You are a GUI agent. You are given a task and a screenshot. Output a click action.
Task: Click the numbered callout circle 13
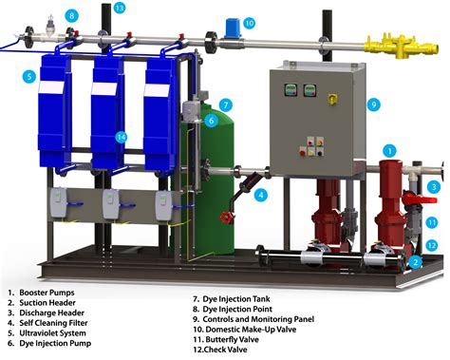[x=119, y=8]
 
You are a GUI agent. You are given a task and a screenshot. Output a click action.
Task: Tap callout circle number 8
[x=72, y=15]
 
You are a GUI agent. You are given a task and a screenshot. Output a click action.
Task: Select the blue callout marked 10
[x=249, y=23]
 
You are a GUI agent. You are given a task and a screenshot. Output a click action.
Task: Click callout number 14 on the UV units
[x=122, y=137]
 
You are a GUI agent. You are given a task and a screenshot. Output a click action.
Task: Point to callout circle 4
[x=261, y=195]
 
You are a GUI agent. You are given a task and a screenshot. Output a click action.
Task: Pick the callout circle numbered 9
[x=373, y=104]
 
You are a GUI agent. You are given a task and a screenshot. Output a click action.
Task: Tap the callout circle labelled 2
[x=416, y=261]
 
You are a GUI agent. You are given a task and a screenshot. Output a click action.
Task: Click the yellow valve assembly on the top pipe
[x=403, y=45]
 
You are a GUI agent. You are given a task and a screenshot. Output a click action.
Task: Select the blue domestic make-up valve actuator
[x=234, y=28]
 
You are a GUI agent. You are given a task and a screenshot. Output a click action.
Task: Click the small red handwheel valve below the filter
[x=227, y=218]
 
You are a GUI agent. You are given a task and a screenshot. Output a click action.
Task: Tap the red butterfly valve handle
[x=420, y=199]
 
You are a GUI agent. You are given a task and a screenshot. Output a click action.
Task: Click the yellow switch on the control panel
[x=332, y=99]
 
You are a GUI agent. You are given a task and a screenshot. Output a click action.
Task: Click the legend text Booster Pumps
[x=47, y=293]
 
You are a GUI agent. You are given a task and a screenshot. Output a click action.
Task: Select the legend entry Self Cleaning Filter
[x=53, y=323]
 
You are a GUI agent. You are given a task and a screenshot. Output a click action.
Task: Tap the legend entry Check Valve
[x=226, y=350]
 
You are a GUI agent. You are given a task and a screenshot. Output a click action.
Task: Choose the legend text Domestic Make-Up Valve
[x=251, y=330]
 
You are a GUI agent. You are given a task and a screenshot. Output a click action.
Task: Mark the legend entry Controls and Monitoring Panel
[x=258, y=319]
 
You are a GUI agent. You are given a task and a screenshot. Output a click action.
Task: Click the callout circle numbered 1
[x=390, y=151]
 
